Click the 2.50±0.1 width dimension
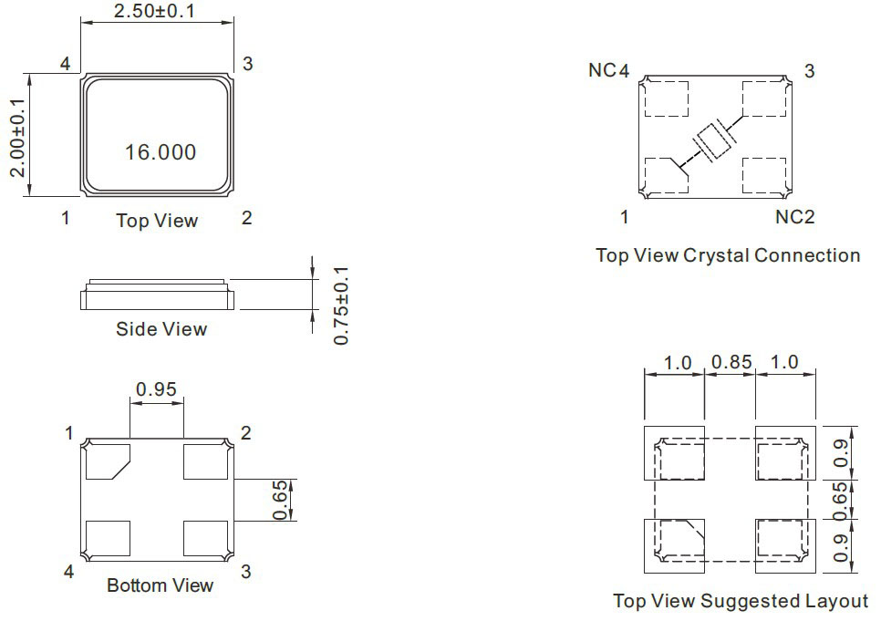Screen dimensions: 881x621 pos(154,11)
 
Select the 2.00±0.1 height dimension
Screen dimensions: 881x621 pos(17,138)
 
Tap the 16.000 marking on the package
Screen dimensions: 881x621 pos(161,152)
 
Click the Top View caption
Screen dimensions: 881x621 pos(157,221)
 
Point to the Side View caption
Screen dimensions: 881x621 pos(161,329)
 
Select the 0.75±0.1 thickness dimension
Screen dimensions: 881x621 pos(341,305)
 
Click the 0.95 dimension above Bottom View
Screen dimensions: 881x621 pos(156,388)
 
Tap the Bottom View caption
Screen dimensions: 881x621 pos(161,585)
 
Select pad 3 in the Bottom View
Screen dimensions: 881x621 pos(205,538)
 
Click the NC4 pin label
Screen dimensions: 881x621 pos(608,70)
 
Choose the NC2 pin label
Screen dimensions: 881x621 pos(794,217)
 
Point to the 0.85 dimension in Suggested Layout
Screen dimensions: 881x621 pos(731,362)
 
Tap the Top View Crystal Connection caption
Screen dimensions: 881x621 pos(728,255)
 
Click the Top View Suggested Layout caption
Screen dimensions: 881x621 pos(741,601)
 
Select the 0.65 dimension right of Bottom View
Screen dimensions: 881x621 pos(280,500)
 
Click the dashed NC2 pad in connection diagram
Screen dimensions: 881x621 pos(764,175)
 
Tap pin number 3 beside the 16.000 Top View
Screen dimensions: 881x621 pos(247,64)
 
